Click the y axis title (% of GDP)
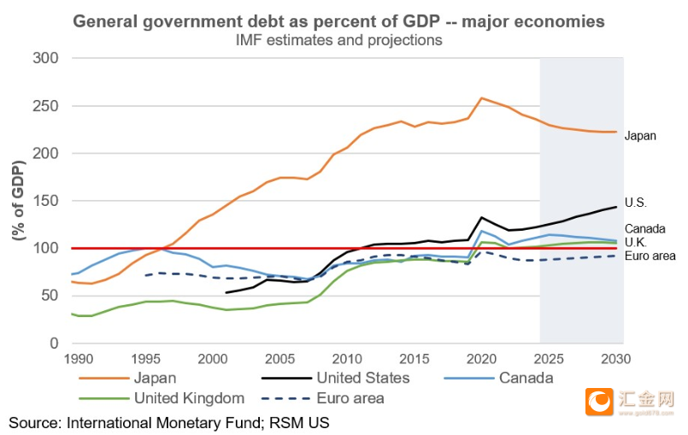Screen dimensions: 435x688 click(x=17, y=202)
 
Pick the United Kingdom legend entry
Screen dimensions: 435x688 click(x=188, y=397)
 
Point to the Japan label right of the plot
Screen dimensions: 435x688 click(x=640, y=136)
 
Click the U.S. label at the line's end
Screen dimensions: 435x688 click(x=636, y=203)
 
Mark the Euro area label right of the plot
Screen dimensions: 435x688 click(x=650, y=256)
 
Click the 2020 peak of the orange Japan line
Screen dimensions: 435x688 click(x=482, y=98)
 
